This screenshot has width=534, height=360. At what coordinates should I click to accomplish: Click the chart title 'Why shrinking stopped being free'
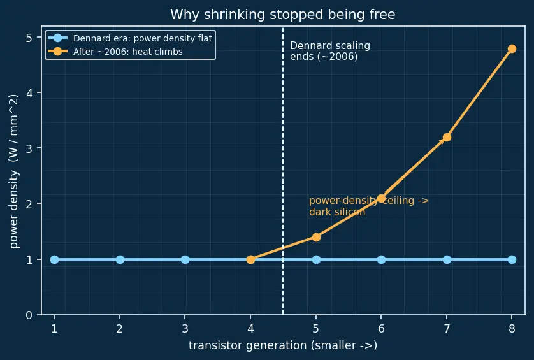(x=283, y=15)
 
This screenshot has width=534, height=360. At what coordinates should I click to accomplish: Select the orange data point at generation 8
(x=512, y=48)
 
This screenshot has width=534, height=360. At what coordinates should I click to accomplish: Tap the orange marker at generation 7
(x=447, y=137)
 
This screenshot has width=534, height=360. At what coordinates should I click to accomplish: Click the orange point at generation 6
(x=382, y=199)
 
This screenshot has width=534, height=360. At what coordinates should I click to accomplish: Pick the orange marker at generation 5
(x=316, y=237)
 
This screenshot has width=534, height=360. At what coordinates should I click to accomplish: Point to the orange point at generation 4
(x=250, y=259)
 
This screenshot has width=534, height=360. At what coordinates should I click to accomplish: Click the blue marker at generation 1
(x=55, y=259)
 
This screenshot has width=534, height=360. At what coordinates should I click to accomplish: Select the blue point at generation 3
(x=185, y=259)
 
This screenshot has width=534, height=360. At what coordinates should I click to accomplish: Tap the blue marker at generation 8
(x=512, y=259)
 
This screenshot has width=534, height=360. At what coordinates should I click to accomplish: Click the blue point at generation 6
(x=382, y=259)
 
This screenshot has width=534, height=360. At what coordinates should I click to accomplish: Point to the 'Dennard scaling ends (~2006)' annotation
(x=330, y=51)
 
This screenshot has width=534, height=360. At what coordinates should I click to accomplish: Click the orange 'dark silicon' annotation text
(x=337, y=212)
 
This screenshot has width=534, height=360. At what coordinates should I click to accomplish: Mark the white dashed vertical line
(x=283, y=170)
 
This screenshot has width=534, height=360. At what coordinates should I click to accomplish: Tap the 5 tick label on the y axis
(x=29, y=38)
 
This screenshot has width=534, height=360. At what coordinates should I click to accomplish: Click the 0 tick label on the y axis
(x=29, y=315)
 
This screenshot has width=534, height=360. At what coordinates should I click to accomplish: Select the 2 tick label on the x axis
(x=120, y=329)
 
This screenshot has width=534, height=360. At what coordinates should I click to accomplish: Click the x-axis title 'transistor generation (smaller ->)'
(x=283, y=345)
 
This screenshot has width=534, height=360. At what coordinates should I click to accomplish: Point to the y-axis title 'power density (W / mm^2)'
(x=13, y=171)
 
